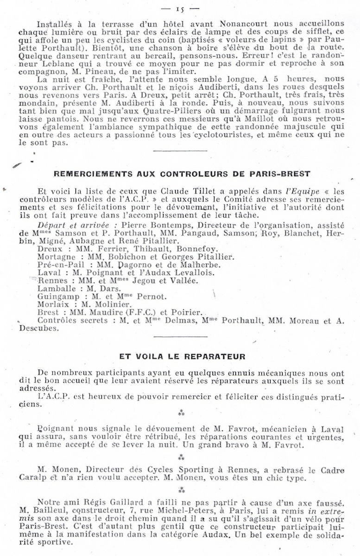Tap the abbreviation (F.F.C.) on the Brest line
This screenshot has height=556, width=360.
pyautogui.click(x=138, y=313)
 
